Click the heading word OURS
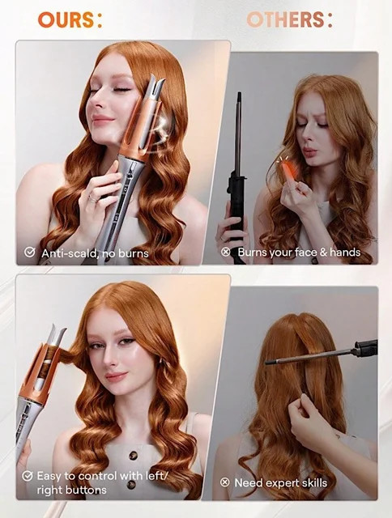coord(66,19)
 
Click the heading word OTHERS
coord(286,19)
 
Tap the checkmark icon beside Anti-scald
coord(30,253)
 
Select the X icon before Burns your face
coord(225,252)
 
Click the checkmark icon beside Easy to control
coord(28,476)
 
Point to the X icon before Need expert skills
coord(225,482)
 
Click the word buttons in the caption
coord(87,490)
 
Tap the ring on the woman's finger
coord(93,199)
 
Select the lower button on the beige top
coord(131,485)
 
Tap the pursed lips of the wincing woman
coord(311,153)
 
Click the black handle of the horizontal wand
coord(366,349)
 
